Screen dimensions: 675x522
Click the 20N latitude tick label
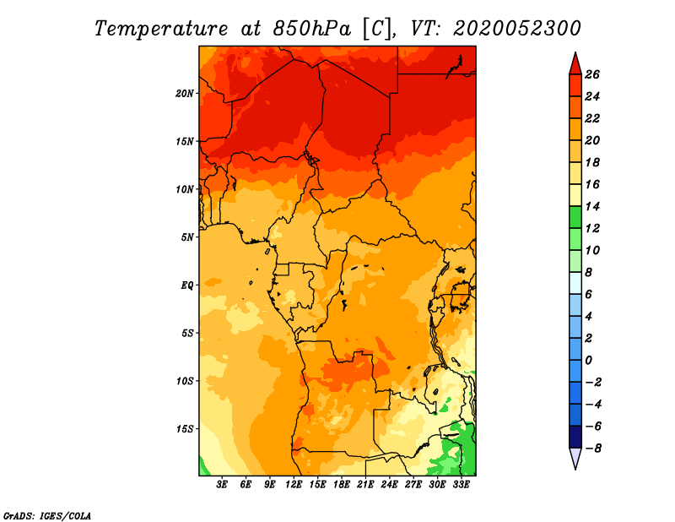[185, 94]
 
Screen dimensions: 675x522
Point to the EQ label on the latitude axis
[187, 285]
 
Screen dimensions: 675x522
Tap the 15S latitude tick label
[185, 429]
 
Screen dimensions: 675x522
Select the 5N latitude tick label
[187, 237]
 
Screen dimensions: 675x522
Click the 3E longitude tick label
[222, 485]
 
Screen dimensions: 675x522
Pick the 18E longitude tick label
[342, 485]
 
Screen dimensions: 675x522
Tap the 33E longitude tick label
[461, 485]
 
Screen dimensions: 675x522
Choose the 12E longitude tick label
[294, 485]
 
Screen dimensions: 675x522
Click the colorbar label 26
[592, 74]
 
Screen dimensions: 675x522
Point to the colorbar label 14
[592, 206]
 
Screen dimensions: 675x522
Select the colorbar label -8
[593, 449]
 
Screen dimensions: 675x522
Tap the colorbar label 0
[588, 361]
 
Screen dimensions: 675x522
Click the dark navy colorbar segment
[575, 437]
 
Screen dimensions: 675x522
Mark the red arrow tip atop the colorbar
[575, 52]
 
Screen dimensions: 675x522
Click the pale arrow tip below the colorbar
[575, 469]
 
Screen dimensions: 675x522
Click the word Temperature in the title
[161, 29]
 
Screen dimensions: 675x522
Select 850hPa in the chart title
[311, 29]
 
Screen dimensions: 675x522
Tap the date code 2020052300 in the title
[517, 29]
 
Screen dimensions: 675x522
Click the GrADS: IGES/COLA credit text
[47, 516]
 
